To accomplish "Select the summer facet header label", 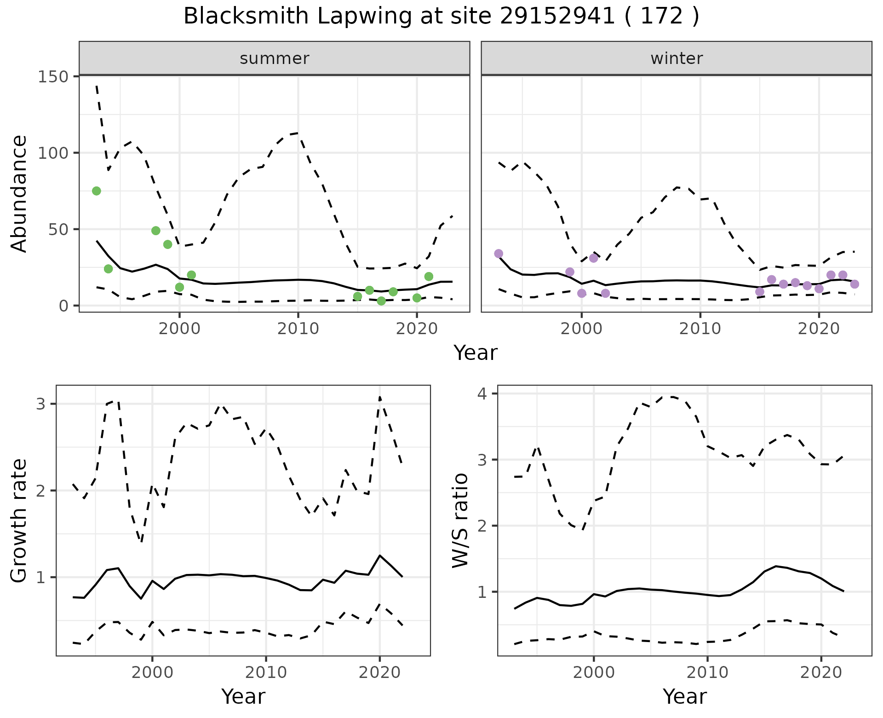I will coord(275,58).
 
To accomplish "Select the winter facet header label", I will coord(677,58).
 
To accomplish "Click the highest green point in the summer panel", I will coord(97,191).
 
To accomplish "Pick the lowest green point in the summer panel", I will coord(381,301).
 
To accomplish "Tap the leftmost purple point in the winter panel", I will coord(499,254).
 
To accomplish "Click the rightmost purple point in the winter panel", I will coord(854,284).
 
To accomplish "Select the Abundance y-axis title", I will coord(19,194).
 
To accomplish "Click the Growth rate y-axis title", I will coord(19,521).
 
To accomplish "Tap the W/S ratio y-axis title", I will coord(460,521).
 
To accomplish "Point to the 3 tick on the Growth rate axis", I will coord(40,404).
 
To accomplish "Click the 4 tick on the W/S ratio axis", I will coord(483,394).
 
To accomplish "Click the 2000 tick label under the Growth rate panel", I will coord(152,672).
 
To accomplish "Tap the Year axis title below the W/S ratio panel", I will coord(684,696).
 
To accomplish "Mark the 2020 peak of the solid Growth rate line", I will coord(379,556).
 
